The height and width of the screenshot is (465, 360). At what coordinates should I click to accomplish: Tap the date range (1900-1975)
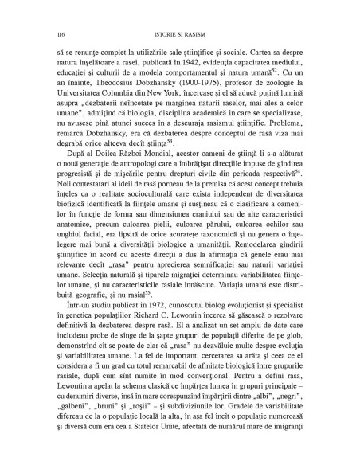coord(180,93)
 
